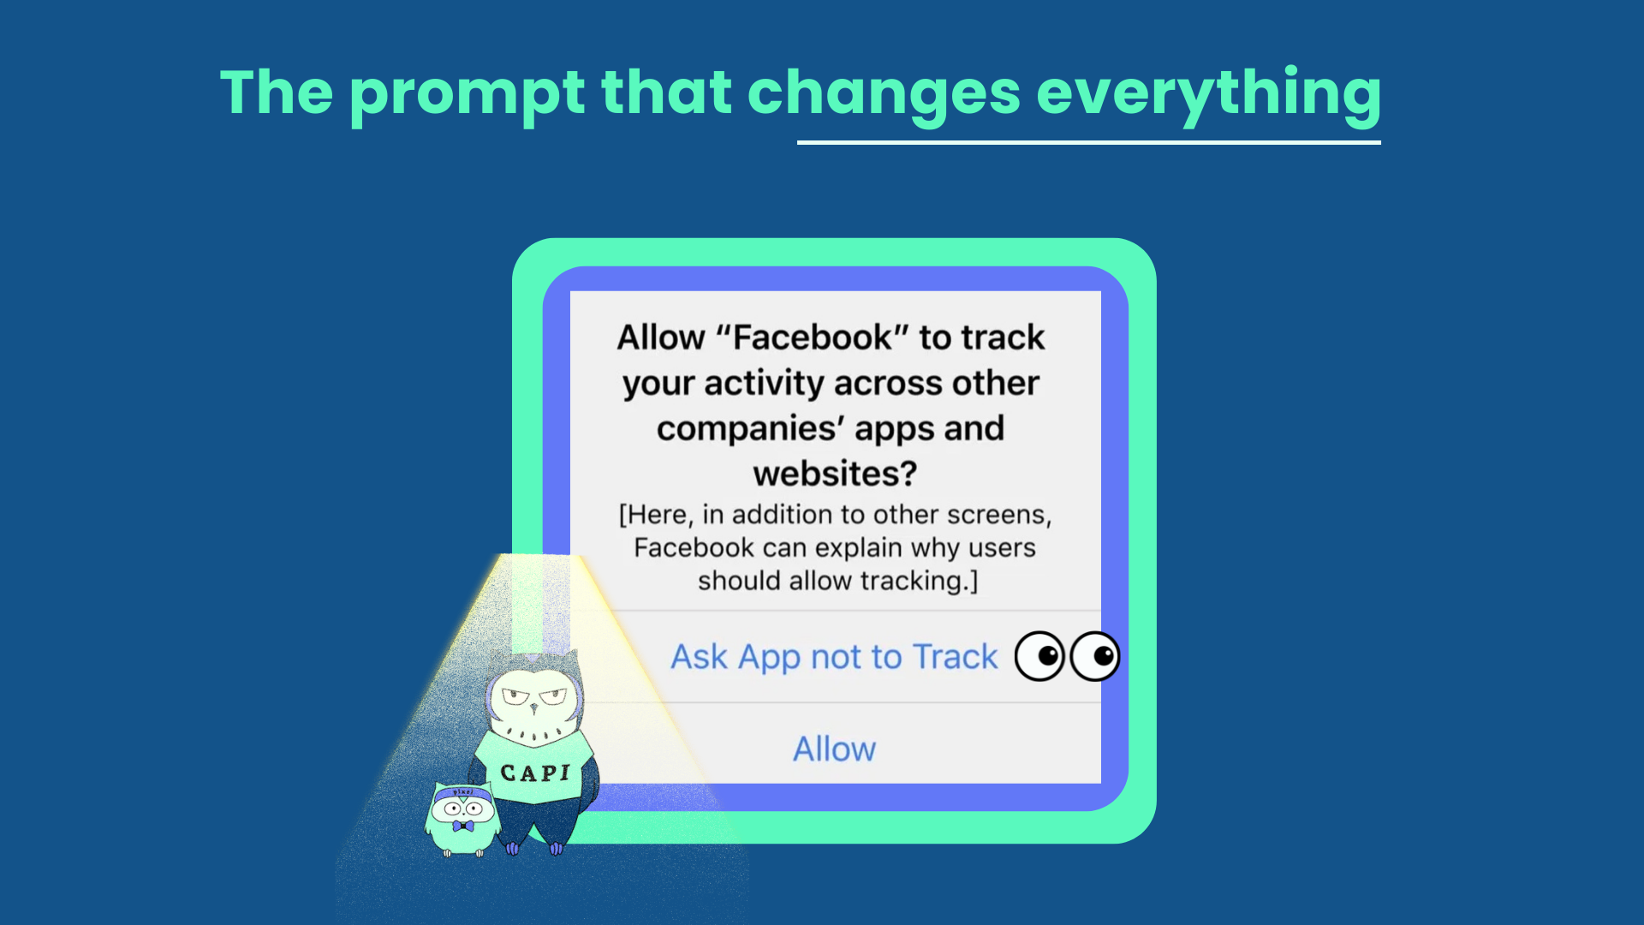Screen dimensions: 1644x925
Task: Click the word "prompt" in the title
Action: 467,95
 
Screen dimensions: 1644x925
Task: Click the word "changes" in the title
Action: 885,95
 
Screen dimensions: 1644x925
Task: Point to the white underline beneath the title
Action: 1089,142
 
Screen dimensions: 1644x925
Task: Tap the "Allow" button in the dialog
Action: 835,749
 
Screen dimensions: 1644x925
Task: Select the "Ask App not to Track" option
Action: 834,657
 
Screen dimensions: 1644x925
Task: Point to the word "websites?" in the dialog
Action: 835,474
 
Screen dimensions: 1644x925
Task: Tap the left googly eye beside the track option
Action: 1039,657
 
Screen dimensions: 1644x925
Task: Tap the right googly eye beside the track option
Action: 1095,657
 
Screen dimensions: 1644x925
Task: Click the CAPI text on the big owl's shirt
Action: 535,773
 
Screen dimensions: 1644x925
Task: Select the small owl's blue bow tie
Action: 463,827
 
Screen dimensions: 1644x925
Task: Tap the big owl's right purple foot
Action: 556,849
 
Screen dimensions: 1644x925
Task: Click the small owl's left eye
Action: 451,808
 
